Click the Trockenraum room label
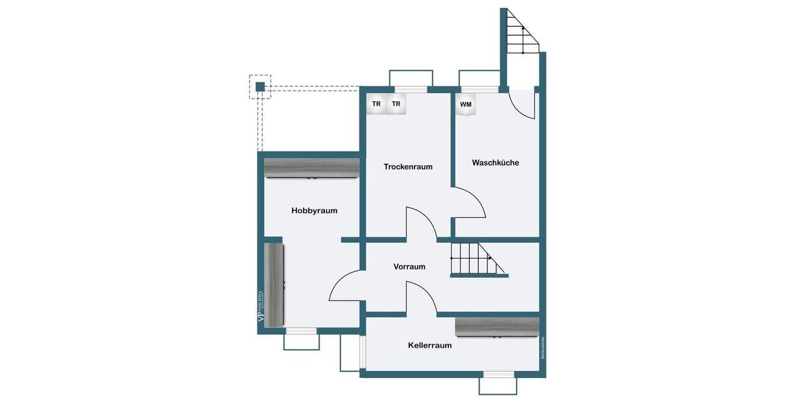[408, 166]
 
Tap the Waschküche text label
[496, 163]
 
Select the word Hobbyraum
[314, 211]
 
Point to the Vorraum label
[409, 267]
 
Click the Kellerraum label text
[430, 346]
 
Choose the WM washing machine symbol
[466, 105]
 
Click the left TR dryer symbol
[376, 104]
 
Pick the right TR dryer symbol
[396, 104]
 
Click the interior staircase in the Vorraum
[474, 259]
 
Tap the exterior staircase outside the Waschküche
[521, 33]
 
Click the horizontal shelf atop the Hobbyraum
[312, 168]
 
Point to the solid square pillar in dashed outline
[260, 87]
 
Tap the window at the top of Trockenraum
[411, 89]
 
